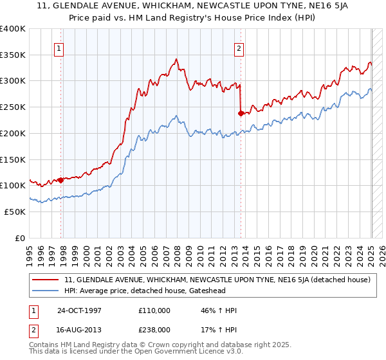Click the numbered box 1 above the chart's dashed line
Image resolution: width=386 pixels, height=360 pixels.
(x=59, y=48)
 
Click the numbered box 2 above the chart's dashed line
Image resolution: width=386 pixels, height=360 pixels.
(x=239, y=48)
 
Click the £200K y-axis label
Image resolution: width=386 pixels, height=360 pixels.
(x=13, y=133)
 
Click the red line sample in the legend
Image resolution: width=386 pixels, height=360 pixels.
(x=45, y=280)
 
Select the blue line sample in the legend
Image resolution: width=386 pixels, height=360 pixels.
(x=45, y=291)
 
